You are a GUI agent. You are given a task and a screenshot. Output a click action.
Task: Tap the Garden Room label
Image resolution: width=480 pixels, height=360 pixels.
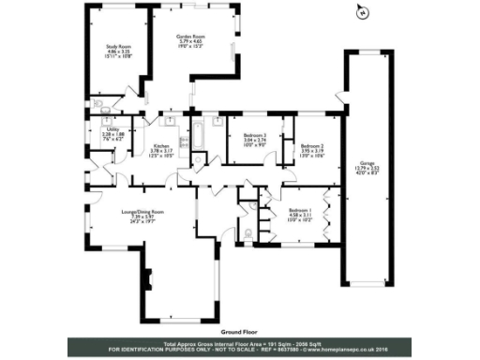tap(192, 36)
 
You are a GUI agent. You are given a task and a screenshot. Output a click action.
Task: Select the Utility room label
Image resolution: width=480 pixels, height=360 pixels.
tap(111, 130)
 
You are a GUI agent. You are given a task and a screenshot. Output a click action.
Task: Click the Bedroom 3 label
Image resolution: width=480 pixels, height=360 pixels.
tap(249, 136)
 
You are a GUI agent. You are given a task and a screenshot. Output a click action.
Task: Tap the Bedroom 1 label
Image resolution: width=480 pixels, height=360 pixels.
tap(299, 210)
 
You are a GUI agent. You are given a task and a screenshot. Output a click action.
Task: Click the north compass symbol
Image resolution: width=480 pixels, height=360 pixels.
tap(361, 13)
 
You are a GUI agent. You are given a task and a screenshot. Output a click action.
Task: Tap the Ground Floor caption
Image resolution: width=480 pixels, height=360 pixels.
tap(239, 331)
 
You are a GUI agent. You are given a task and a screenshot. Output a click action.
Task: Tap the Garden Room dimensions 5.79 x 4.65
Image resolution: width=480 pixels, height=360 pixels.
tap(192, 42)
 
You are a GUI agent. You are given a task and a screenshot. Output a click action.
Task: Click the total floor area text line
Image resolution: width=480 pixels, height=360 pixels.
tap(239, 344)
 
